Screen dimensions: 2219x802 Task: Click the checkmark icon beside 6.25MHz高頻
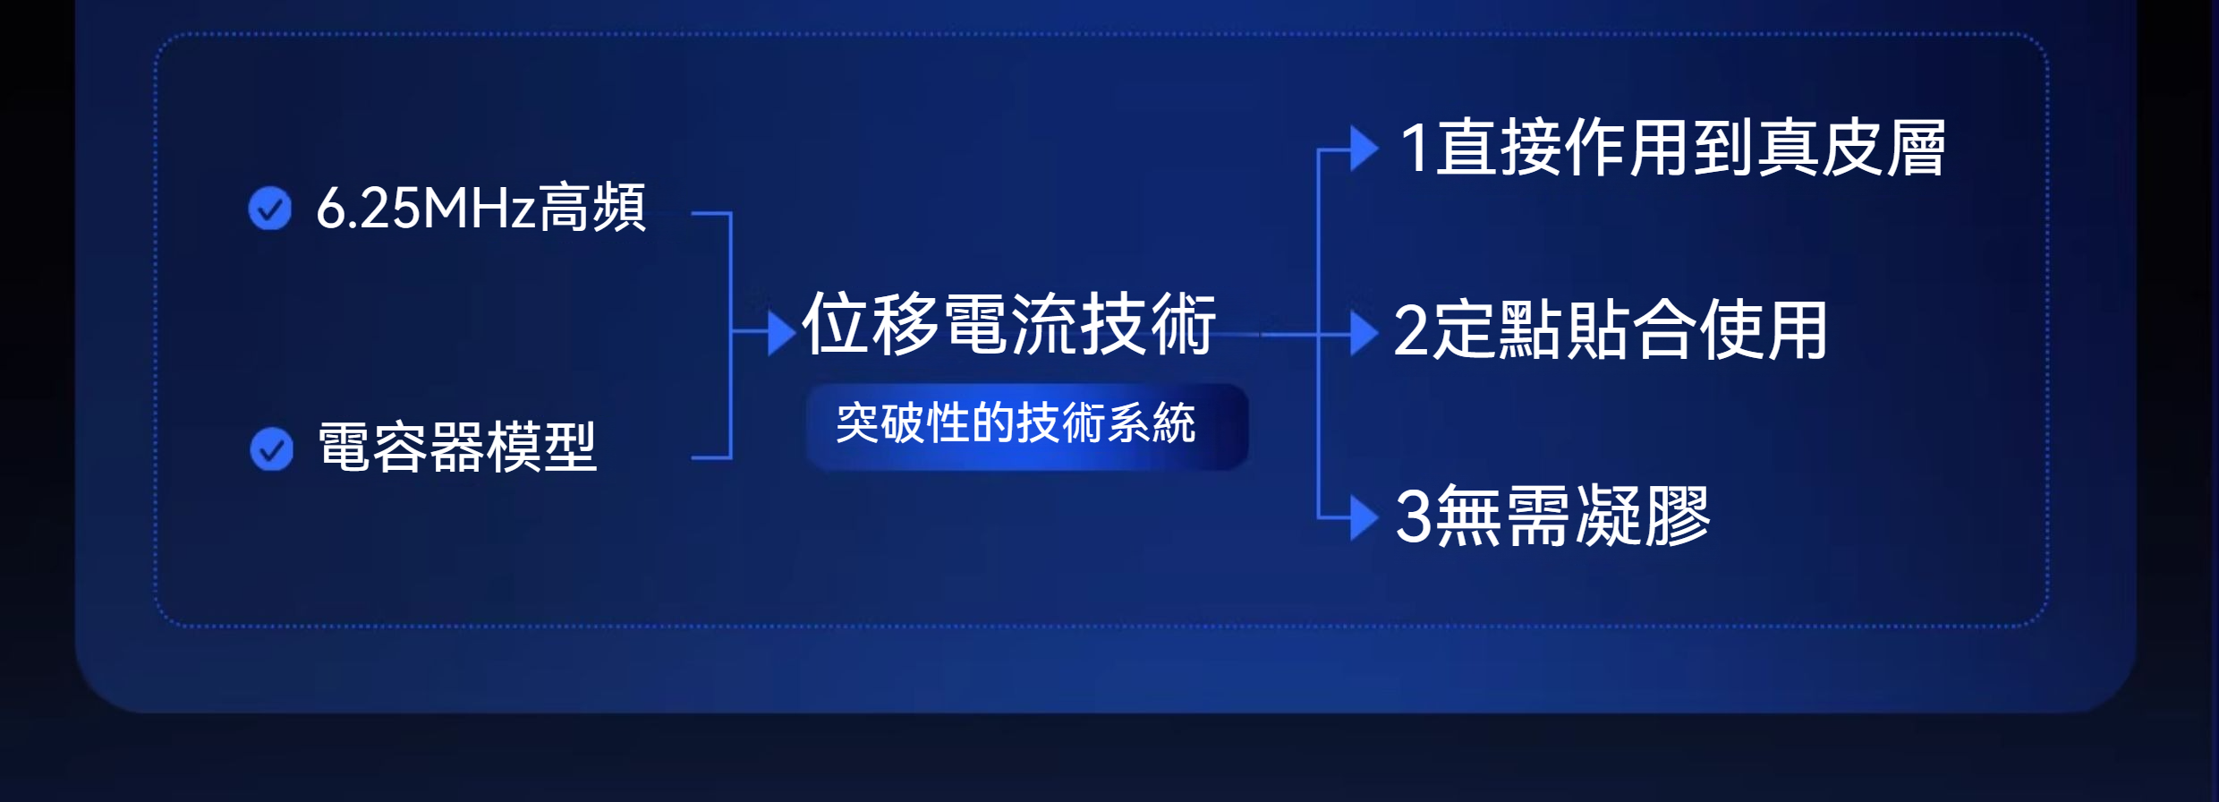[270, 209]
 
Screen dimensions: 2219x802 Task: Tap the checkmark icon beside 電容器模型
[272, 448]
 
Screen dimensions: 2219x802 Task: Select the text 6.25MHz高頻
[481, 208]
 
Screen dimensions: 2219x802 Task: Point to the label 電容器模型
[457, 447]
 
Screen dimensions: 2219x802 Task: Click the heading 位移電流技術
[1009, 323]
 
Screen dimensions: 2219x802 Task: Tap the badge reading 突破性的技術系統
[1027, 426]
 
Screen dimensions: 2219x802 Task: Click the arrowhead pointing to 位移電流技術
[782, 333]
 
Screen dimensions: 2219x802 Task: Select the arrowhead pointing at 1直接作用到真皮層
[1365, 149]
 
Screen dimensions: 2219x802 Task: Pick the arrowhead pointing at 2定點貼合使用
[1365, 334]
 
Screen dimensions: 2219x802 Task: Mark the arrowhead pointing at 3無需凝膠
[1365, 517]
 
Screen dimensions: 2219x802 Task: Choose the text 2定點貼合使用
[1611, 331]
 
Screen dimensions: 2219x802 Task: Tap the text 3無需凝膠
[1553, 516]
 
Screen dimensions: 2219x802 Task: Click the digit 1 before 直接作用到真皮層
[1416, 148]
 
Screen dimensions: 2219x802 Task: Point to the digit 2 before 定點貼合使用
[1412, 331]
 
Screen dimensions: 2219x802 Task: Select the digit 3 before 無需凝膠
[1414, 516]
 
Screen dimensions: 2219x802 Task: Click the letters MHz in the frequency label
[479, 209]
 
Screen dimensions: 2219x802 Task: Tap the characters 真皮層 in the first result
[1851, 148]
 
